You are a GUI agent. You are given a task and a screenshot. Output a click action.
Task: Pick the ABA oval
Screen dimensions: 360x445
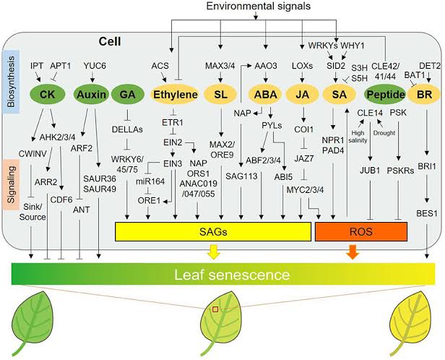pyautogui.click(x=264, y=95)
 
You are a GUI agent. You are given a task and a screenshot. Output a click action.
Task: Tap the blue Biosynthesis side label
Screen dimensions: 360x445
pyautogui.click(x=9, y=79)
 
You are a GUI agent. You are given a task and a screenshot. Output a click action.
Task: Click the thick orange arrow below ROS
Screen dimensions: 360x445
pyautogui.click(x=352, y=252)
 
